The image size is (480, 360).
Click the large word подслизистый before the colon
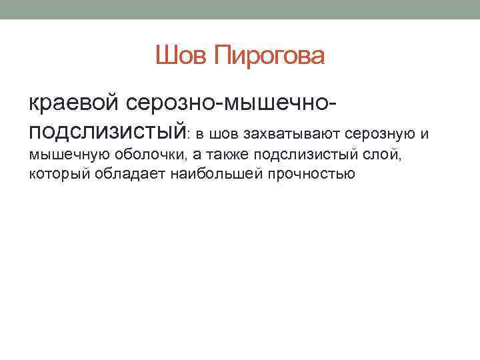coord(107,131)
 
